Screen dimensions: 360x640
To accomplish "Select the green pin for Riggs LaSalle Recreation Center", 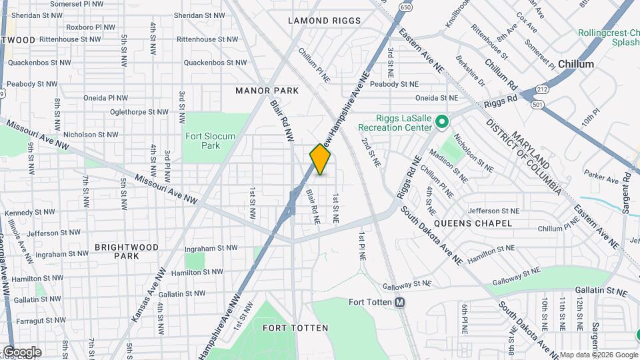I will (x=441, y=122).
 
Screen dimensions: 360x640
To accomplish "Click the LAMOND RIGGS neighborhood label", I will (x=324, y=21).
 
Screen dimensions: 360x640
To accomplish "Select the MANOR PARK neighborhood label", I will (x=267, y=90).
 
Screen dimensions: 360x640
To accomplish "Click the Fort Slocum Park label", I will (x=210, y=141).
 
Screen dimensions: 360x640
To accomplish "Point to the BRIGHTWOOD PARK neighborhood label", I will (x=127, y=251).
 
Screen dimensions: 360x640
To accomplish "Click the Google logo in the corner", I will (x=22, y=352).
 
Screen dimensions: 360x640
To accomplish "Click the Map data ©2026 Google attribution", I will (x=598, y=355).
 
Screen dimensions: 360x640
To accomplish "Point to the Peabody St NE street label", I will (x=394, y=84).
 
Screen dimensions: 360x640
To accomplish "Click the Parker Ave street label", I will (x=602, y=179).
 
